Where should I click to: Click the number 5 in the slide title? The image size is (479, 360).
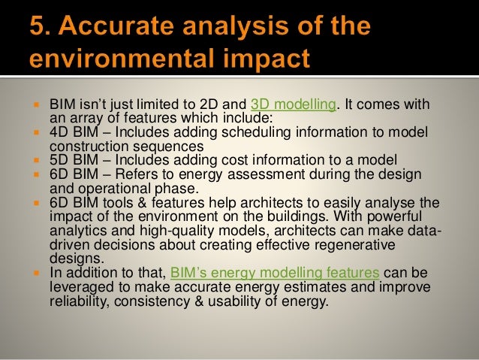38,29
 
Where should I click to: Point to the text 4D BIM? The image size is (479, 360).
72,132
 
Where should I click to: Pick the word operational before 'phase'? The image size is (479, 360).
110,188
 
